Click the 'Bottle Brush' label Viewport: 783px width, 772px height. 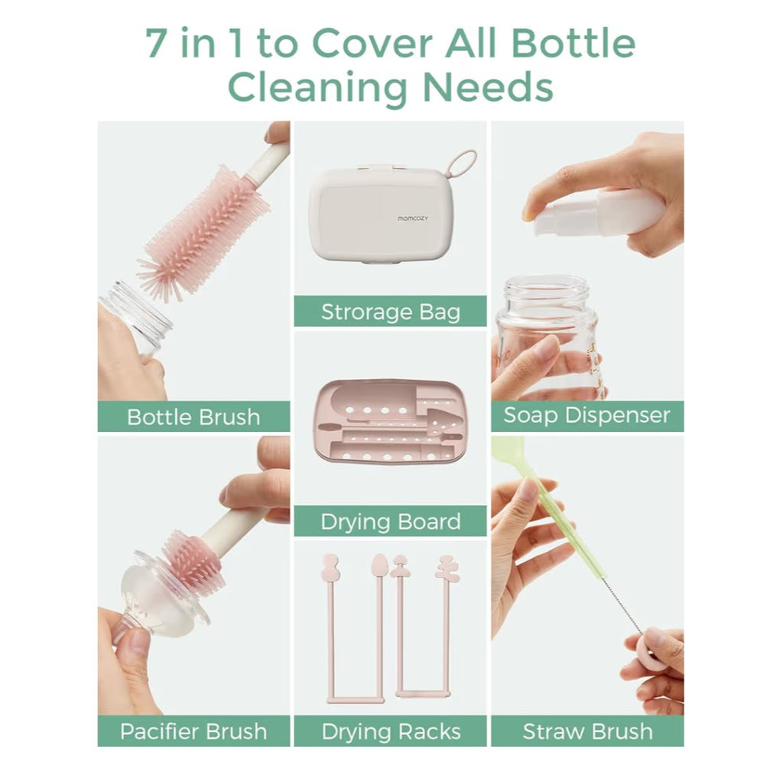point(193,417)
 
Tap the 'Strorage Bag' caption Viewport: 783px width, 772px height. point(390,312)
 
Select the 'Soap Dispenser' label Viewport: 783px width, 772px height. point(586,416)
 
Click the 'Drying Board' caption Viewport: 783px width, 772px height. point(390,522)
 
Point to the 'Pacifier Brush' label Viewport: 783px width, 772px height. point(193,731)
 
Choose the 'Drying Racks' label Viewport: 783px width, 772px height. point(390,731)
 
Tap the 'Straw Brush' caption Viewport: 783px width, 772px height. point(586,731)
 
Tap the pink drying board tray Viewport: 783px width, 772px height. point(390,422)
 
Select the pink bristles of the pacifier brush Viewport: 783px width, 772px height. point(191,562)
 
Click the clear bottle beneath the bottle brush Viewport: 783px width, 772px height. point(138,317)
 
